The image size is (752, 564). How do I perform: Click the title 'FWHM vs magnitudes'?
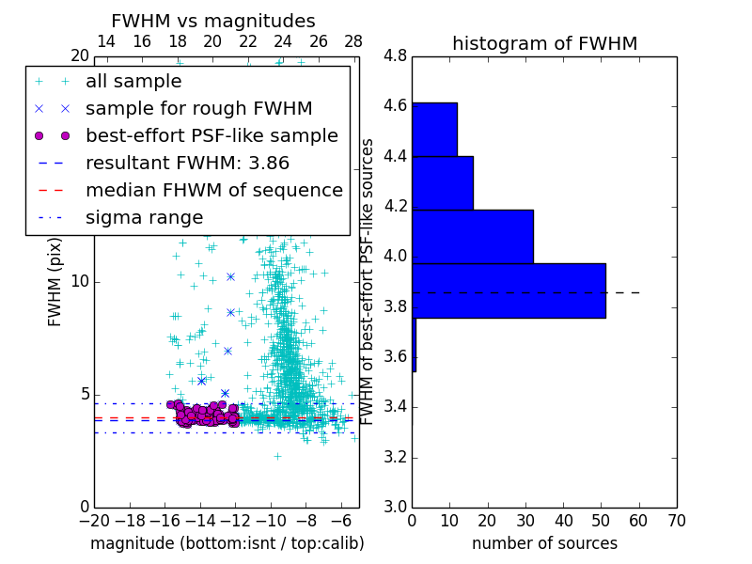pos(212,21)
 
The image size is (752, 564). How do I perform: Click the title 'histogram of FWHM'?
pos(544,43)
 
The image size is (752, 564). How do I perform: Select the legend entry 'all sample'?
pos(133,82)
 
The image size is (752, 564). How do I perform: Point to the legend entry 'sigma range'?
pos(144,217)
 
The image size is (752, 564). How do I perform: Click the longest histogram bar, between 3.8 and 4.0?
pos(509,290)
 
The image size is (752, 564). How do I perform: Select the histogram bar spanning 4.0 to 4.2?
pos(472,236)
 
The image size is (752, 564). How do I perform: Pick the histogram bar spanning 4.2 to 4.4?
pos(442,182)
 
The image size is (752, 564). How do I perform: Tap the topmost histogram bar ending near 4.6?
pos(434,129)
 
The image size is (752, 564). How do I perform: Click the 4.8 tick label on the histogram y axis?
pos(396,56)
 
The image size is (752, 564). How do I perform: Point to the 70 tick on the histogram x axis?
pos(675,520)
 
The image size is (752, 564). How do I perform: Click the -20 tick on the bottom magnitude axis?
pos(94,520)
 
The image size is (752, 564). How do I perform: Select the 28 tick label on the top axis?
pos(353,42)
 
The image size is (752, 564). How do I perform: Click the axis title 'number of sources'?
pos(544,543)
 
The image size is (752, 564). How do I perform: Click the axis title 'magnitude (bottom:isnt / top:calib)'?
pos(227,543)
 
